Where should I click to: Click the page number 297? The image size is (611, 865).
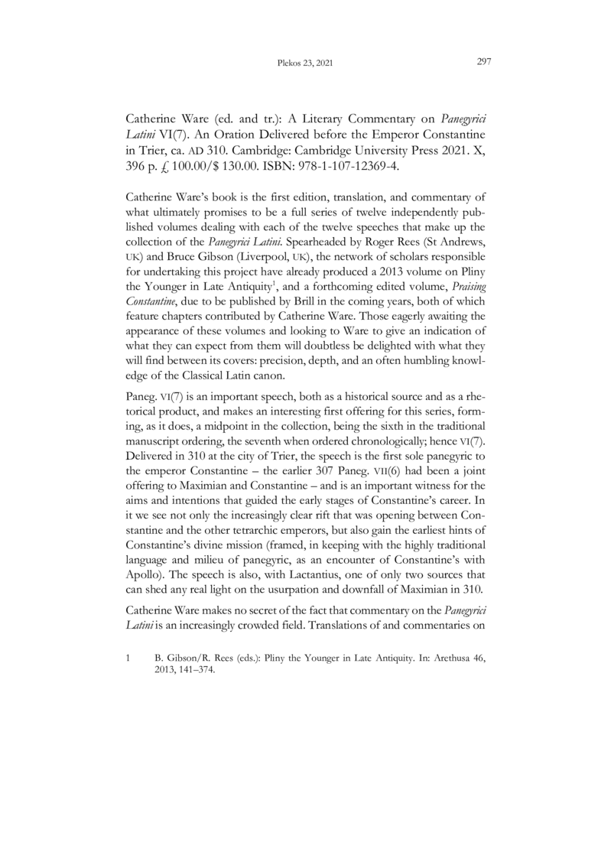tap(483, 63)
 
